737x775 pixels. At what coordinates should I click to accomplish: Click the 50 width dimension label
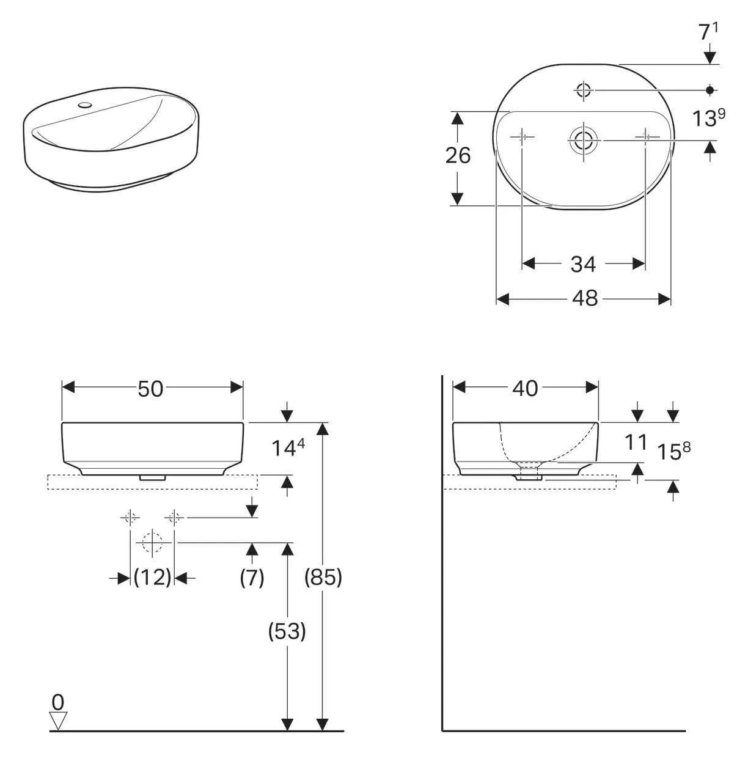click(x=150, y=388)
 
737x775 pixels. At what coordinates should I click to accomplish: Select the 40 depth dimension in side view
click(x=525, y=388)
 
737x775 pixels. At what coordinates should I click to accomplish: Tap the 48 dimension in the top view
click(x=584, y=298)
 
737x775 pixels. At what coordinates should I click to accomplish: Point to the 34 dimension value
click(x=583, y=263)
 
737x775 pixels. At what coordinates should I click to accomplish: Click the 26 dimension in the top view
click(x=458, y=156)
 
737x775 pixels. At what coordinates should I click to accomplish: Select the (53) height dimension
click(x=287, y=631)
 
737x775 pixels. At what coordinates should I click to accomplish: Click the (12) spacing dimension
click(x=153, y=577)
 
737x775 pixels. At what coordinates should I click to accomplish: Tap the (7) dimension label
click(x=252, y=577)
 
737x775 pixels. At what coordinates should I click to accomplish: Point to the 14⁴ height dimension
click(x=288, y=449)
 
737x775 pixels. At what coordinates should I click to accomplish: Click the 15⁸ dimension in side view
click(x=673, y=451)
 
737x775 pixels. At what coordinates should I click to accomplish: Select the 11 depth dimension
click(x=636, y=442)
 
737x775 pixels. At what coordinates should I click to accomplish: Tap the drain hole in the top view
click(x=584, y=141)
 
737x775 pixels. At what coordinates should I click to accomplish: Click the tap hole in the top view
click(x=583, y=90)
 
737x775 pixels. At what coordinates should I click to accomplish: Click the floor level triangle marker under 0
click(x=58, y=721)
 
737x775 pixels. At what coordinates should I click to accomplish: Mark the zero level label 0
click(x=58, y=701)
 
